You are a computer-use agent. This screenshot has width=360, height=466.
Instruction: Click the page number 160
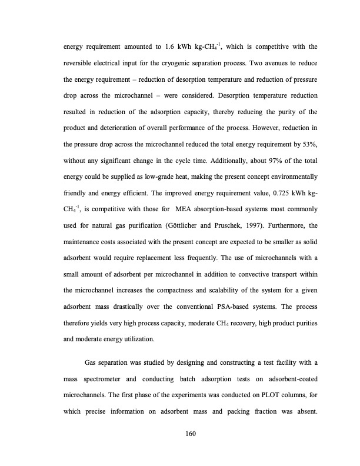pos(189,434)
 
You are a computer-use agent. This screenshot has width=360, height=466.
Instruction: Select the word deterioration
pos(102,128)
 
